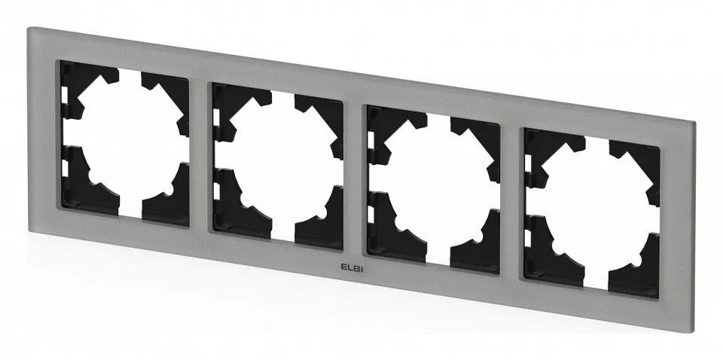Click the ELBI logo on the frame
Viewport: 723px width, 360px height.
point(352,268)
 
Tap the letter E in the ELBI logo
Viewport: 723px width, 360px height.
point(343,267)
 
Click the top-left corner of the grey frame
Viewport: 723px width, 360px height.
point(29,28)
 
